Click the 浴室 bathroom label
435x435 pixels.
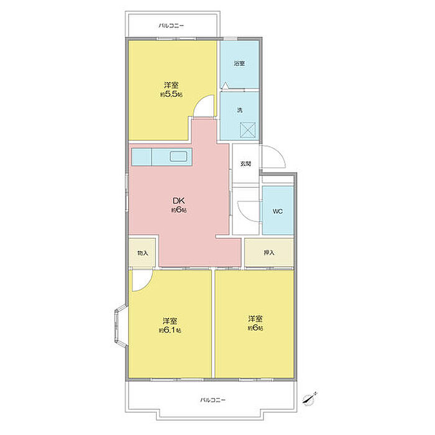239,63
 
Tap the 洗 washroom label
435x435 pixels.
240,110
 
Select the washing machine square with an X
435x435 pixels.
247,130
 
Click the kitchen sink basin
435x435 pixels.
178,157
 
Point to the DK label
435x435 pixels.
179,200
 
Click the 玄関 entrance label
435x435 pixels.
246,164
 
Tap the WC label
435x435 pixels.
277,211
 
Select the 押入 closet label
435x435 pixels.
269,253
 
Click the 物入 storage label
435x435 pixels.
143,253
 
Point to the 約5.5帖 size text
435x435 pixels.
171,94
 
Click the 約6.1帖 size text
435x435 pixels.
170,331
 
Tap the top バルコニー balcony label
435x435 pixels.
171,26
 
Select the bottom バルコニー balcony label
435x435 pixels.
213,400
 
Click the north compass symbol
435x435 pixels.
309,399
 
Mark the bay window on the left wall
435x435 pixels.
121,326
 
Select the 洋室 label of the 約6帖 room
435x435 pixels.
255,318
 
